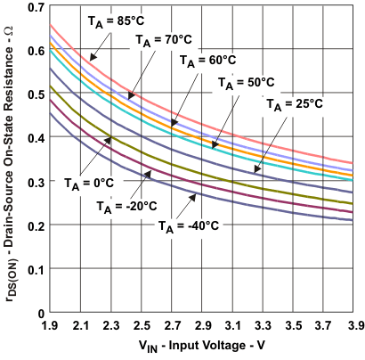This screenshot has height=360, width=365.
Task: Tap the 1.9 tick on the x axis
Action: pos(52,326)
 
